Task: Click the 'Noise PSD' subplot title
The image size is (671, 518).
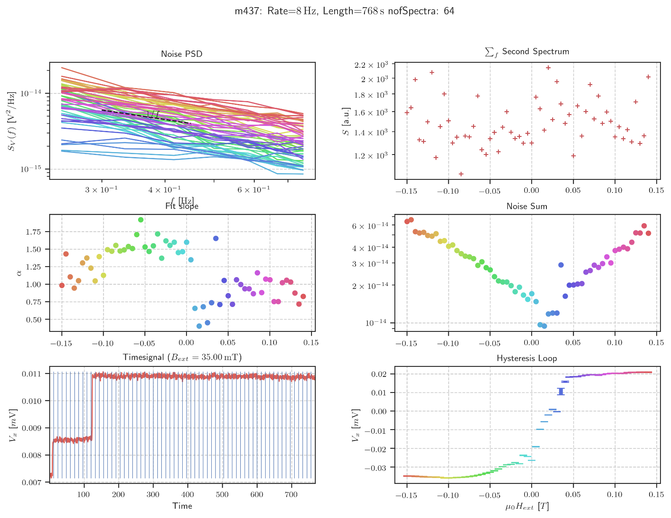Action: [181, 54]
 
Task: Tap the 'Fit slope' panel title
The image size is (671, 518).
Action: [181, 206]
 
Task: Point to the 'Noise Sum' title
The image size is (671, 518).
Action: [527, 206]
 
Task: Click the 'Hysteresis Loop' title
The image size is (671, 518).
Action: [527, 358]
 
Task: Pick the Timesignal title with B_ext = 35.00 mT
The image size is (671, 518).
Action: [181, 358]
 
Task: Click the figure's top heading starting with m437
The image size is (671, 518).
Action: [344, 11]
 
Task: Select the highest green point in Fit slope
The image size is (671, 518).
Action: [141, 220]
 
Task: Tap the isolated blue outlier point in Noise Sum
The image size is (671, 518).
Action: [561, 265]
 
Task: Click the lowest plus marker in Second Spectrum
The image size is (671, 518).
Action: [461, 174]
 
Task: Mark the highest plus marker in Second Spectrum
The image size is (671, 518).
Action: [548, 68]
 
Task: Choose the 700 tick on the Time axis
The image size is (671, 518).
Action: [291, 494]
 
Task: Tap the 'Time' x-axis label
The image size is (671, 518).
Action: [182, 506]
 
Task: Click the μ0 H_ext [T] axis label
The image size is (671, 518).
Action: [527, 506]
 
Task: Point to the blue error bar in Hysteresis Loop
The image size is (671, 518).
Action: [561, 392]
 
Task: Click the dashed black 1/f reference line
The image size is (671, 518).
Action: [143, 116]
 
